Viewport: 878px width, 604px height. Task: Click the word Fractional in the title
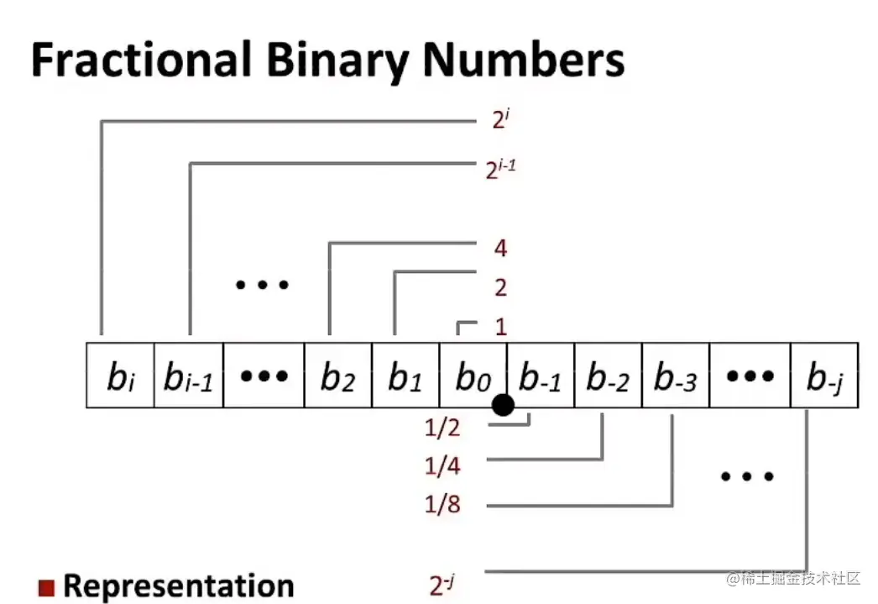pyautogui.click(x=140, y=60)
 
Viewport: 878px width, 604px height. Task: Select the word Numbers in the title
pyautogui.click(x=522, y=60)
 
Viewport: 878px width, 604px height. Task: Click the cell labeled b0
pyautogui.click(x=473, y=376)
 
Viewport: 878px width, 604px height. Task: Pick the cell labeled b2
pyautogui.click(x=337, y=376)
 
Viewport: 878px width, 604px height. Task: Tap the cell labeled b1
pyautogui.click(x=405, y=376)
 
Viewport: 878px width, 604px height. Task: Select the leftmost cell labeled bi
pyautogui.click(x=120, y=376)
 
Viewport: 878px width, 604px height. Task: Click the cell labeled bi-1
pyautogui.click(x=188, y=376)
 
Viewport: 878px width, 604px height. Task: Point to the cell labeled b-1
pyautogui.click(x=541, y=376)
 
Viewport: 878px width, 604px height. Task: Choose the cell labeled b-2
pyautogui.click(x=608, y=376)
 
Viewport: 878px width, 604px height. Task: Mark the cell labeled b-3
pyautogui.click(x=676, y=376)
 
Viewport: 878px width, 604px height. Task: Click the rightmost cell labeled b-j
pyautogui.click(x=824, y=376)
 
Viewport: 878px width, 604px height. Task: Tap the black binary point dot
pyautogui.click(x=503, y=406)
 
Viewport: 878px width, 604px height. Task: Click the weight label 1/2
pyautogui.click(x=443, y=428)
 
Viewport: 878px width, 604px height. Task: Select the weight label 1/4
pyautogui.click(x=443, y=465)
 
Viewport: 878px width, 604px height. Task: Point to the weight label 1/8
pyautogui.click(x=443, y=505)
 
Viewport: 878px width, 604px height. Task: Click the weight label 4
pyautogui.click(x=501, y=249)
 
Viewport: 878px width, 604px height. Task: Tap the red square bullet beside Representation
pyautogui.click(x=46, y=586)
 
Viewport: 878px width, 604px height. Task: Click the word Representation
pyautogui.click(x=179, y=586)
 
